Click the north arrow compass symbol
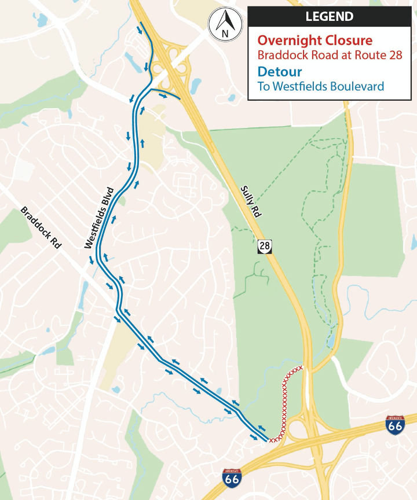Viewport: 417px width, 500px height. point(225,24)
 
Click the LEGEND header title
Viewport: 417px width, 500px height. point(329,16)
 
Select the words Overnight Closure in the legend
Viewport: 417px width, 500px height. point(314,41)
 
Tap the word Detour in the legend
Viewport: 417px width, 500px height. point(280,72)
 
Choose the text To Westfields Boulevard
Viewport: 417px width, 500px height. point(321,87)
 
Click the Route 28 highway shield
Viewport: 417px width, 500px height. point(264,247)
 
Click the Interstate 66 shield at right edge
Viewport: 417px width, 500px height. point(394,425)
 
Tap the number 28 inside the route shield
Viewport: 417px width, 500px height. point(264,247)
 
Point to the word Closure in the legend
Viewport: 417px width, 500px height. point(348,41)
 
